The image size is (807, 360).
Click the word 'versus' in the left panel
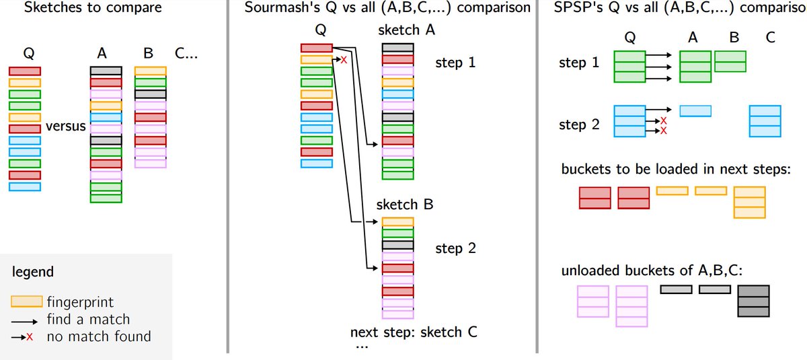[x=66, y=125]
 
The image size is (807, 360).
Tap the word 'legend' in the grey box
[x=33, y=273]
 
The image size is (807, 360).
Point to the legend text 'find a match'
[x=88, y=318]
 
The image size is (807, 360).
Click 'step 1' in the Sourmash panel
[x=455, y=63]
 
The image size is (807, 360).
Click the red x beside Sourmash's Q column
[x=343, y=61]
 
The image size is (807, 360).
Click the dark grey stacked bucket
[x=753, y=301]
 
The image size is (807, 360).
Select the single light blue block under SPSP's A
[x=695, y=110]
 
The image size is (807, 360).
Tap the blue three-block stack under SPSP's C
[x=765, y=121]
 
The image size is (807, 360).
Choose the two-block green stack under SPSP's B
[x=730, y=61]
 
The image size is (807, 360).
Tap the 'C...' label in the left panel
[x=186, y=52]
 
